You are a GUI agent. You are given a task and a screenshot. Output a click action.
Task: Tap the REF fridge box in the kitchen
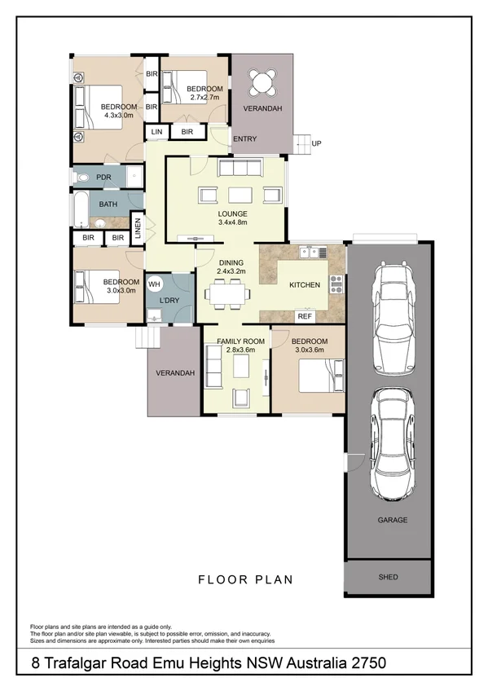click(x=305, y=315)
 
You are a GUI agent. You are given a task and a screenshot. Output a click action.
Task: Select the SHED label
click(x=389, y=577)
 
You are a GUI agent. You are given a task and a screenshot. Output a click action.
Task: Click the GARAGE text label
click(x=392, y=520)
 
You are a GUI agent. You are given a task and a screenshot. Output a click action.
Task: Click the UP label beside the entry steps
click(x=316, y=143)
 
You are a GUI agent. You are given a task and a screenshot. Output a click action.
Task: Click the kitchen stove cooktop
click(x=335, y=284)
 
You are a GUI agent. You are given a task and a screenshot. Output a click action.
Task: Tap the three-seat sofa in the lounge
click(x=239, y=168)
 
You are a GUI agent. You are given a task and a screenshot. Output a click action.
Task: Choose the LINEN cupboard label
click(x=138, y=228)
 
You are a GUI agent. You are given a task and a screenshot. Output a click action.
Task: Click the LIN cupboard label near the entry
click(x=156, y=131)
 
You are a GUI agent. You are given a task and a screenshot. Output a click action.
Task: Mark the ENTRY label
click(x=244, y=139)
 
